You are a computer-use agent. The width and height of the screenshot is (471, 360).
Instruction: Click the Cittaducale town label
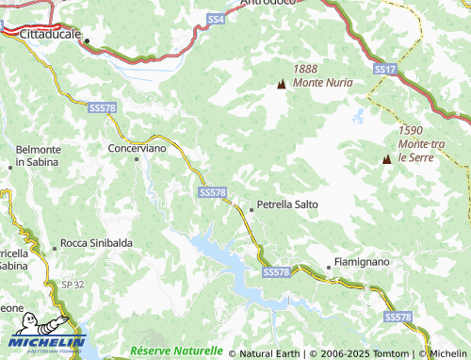click(50, 33)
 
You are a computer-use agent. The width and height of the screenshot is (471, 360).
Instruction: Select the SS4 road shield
click(216, 19)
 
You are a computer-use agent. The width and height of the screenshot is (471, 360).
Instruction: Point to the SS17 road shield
click(383, 70)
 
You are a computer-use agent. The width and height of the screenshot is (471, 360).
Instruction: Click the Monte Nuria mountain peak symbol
click(281, 85)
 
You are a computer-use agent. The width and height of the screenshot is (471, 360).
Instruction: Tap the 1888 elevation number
click(306, 69)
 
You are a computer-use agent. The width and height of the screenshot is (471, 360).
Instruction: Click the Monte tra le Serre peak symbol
click(386, 159)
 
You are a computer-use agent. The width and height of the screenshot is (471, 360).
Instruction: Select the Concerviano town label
click(138, 148)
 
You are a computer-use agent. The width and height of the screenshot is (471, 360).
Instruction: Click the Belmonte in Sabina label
click(38, 155)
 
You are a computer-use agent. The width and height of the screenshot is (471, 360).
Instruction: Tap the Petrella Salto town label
click(287, 204)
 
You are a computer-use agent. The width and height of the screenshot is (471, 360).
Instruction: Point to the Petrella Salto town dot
click(251, 208)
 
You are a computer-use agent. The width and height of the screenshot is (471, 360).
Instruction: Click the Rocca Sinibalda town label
click(96, 243)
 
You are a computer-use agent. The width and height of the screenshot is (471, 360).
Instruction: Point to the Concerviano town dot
click(138, 159)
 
